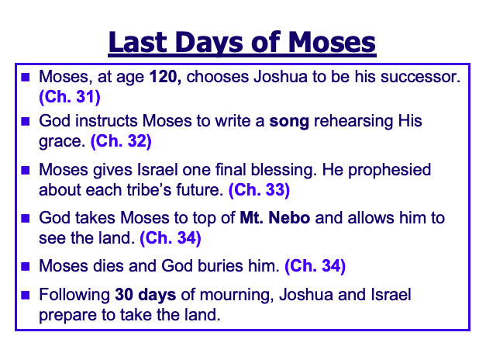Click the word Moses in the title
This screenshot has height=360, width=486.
pos(332,42)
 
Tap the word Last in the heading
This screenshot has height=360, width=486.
pos(139,42)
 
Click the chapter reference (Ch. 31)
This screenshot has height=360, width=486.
pos(70,96)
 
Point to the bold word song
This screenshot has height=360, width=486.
pos(289,121)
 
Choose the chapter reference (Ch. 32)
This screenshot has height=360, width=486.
pos(121,141)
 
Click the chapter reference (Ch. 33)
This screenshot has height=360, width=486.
pos(259,189)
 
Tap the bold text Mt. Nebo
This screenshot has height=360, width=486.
pos(275,217)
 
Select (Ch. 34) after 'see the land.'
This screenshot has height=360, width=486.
pos(171,238)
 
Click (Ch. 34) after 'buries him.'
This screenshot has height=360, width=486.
pos(315,265)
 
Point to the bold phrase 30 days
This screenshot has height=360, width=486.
pos(146,295)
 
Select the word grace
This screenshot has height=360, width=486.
pos(62,141)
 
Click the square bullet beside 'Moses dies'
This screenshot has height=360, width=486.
pos(25,266)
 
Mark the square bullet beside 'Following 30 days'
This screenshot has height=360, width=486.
pos(25,295)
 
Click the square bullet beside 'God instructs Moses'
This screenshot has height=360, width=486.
pos(25,121)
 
